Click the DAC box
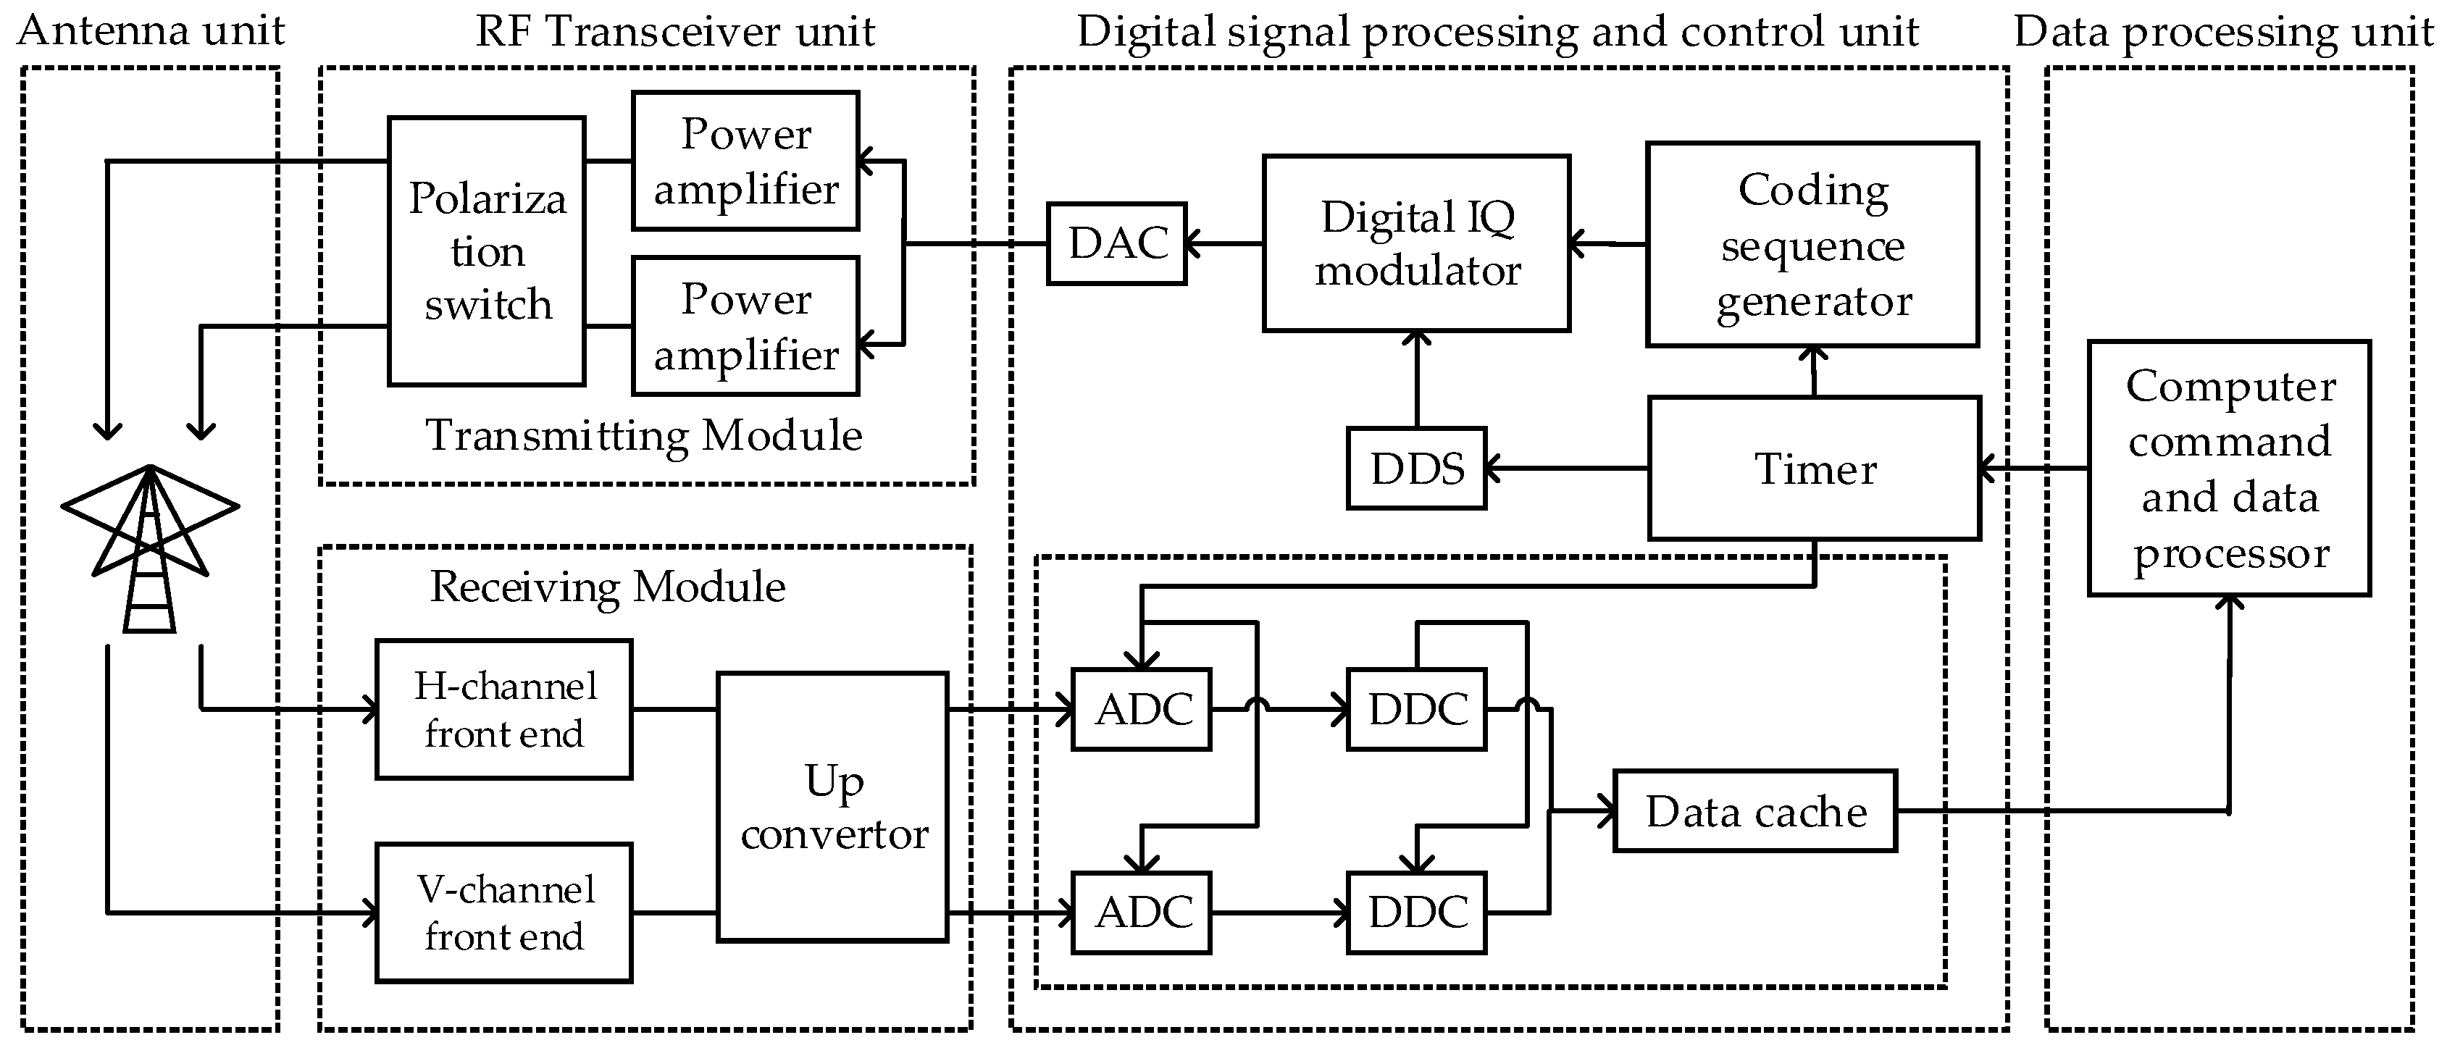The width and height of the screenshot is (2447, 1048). pos(1116,243)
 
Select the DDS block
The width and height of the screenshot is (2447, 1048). pos(1415,469)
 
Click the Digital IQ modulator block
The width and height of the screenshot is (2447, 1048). pos(1415,243)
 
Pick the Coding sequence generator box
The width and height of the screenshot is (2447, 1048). pos(1812,245)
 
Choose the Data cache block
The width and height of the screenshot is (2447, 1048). pos(1754,811)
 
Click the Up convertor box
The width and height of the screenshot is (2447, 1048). pos(832,808)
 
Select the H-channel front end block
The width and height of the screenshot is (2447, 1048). pos(503,710)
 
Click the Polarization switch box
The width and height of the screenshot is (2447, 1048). pos(486,251)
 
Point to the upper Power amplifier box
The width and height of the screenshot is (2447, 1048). pos(745,161)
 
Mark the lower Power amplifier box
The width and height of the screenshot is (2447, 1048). pos(745,326)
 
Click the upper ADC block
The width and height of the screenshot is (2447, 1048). pos(1141,710)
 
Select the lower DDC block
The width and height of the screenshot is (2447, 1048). pos(1415,912)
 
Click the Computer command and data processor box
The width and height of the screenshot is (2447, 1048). pos(2228,469)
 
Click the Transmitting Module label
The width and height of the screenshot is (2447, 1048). pos(643,436)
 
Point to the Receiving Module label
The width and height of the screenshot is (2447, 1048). pos(608,586)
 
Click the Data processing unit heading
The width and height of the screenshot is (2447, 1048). pos(2223,31)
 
